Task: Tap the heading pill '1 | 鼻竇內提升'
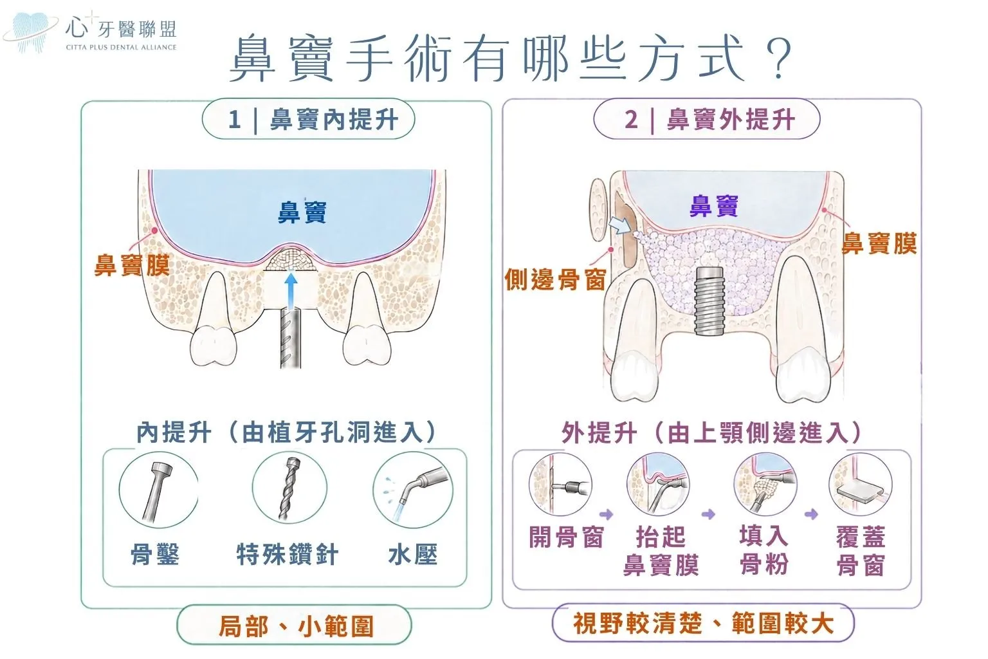(308, 119)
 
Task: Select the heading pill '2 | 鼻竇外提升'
(707, 119)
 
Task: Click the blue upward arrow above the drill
(290, 291)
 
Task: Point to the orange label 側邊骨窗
(555, 279)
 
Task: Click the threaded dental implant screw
(709, 300)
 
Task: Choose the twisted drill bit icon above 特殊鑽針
(289, 488)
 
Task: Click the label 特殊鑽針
(288, 554)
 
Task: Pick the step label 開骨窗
(566, 537)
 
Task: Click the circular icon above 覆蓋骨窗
(861, 485)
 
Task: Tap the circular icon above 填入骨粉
(765, 484)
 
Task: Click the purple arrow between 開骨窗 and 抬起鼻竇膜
(607, 514)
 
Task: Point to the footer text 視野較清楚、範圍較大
(704, 623)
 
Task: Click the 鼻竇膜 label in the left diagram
(132, 265)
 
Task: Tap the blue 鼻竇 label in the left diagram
(302, 213)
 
